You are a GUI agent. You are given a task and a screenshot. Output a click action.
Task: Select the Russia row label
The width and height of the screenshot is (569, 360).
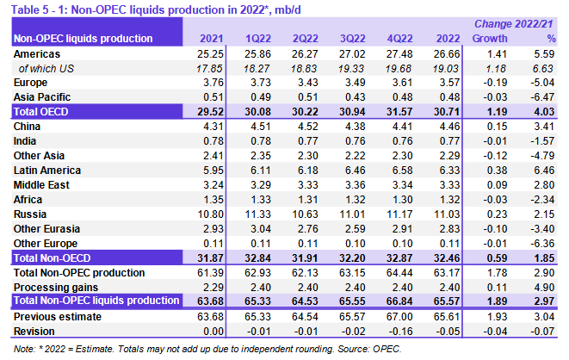[34, 212]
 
